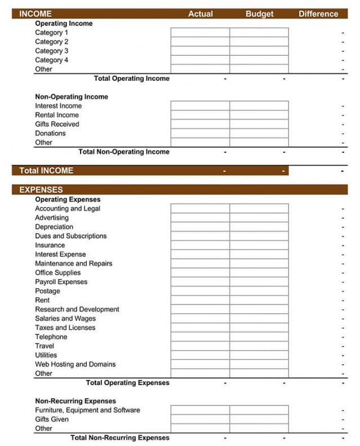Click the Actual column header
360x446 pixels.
tap(200, 14)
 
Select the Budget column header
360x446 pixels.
tap(259, 14)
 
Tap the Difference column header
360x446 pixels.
tap(318, 14)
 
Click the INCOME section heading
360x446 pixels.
tap(35, 14)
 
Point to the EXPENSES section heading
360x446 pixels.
tap(41, 190)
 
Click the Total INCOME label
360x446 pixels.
tap(46, 170)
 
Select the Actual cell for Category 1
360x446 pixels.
tap(200, 33)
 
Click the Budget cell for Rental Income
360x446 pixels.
tap(259, 115)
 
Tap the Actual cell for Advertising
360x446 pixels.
tap(200, 218)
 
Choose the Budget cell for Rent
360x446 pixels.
tap(259, 301)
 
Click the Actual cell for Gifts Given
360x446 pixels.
tap(200, 419)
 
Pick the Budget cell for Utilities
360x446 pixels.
tap(259, 355)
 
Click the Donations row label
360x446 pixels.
tap(50, 134)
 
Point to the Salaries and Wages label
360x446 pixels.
tap(65, 319)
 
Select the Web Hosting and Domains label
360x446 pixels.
tap(75, 364)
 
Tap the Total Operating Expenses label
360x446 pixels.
tap(127, 383)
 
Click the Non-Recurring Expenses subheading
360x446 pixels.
tap(75, 401)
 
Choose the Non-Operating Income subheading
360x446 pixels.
tap(72, 97)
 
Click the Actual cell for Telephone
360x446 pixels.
tap(200, 337)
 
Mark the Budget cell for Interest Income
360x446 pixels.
tap(259, 106)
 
